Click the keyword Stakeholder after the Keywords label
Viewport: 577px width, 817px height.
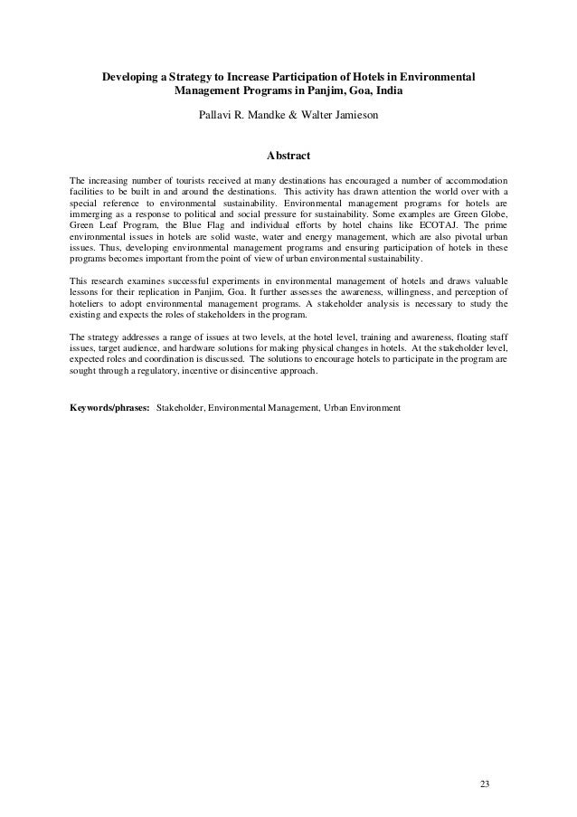[180, 408]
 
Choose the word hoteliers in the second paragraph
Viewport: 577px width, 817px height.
[91, 305]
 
